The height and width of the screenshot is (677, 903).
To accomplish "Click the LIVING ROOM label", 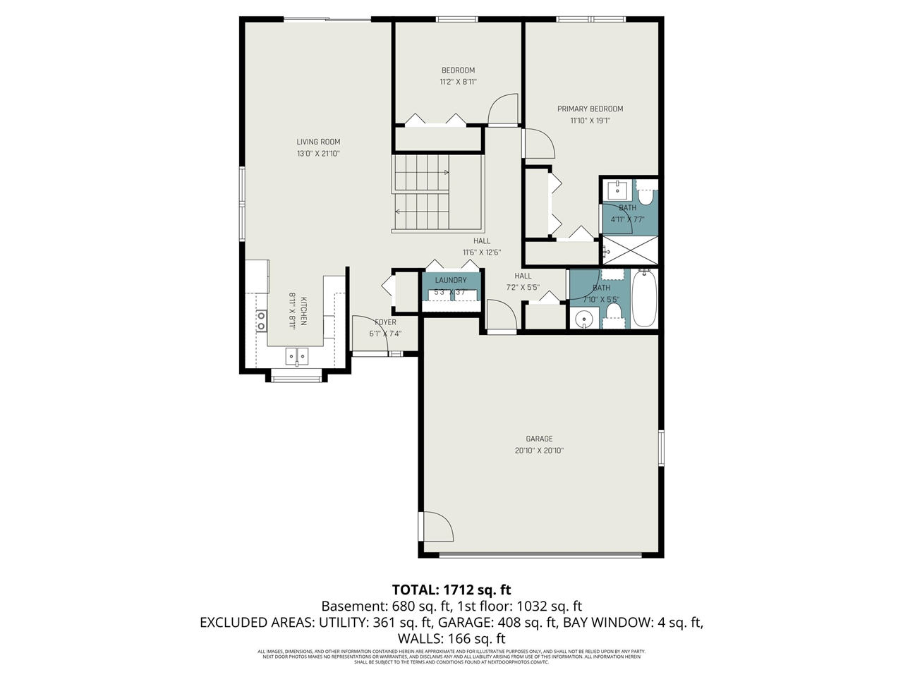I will coord(318,142).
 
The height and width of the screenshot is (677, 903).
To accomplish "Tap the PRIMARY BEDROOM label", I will coord(590,109).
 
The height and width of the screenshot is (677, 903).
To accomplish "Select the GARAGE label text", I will coord(539,439).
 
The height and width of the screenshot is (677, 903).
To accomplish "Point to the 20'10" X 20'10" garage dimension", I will coord(539,451).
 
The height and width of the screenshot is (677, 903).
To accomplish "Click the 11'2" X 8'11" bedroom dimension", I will coord(458,82).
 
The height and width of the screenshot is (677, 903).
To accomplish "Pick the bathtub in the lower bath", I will coord(644,298).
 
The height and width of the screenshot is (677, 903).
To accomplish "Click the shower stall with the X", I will coord(630,250).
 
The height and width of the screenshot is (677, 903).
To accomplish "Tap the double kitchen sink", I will coord(296,356).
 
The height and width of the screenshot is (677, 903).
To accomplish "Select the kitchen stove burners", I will coord(261,321).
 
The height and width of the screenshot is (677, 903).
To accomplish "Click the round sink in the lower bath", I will coord(583,319).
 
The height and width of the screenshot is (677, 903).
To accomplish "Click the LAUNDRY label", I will coord(451,281).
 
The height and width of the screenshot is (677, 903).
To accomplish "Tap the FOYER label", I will coord(385,322).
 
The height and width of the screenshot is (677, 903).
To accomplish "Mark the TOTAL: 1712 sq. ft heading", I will coord(451,590).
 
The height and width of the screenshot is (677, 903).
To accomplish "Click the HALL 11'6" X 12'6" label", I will coord(482,246).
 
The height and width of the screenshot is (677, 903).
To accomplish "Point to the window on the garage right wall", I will coord(661,447).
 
